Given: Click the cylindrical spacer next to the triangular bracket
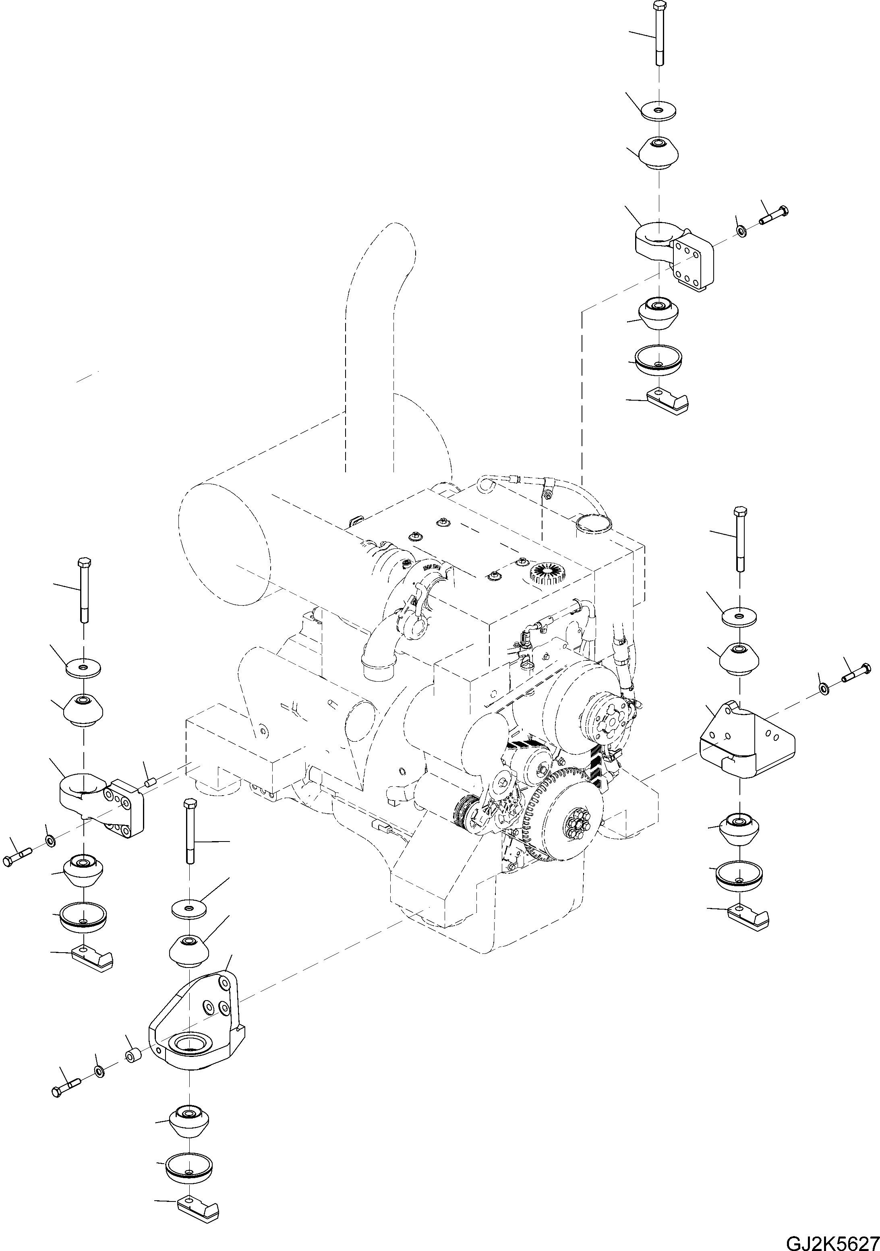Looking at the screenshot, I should pyautogui.click(x=133, y=1057).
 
